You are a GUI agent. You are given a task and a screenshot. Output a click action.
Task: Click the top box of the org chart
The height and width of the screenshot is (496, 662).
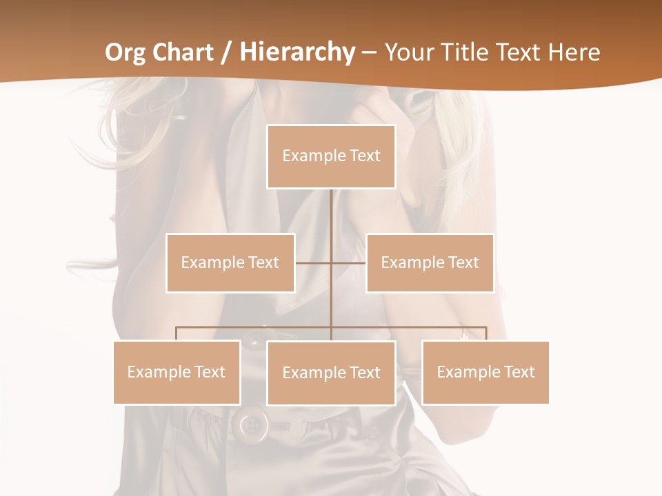[331, 156]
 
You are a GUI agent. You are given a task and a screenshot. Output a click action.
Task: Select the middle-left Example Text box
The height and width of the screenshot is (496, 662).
[230, 262]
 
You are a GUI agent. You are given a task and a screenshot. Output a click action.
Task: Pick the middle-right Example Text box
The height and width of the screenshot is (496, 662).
[430, 262]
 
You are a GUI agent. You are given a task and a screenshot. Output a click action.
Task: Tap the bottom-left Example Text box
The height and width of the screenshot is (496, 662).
[177, 372]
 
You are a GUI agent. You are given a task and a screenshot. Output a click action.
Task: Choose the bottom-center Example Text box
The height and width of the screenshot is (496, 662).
[331, 373]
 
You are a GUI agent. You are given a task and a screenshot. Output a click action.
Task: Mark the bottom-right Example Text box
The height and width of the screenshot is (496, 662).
[485, 372]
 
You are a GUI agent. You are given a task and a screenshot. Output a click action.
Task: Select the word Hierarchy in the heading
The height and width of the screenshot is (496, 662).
[297, 52]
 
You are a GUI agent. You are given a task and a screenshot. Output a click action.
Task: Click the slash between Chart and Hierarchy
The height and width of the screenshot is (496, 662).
[225, 52]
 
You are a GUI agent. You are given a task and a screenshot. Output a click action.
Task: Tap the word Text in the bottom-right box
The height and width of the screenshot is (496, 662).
[519, 372]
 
